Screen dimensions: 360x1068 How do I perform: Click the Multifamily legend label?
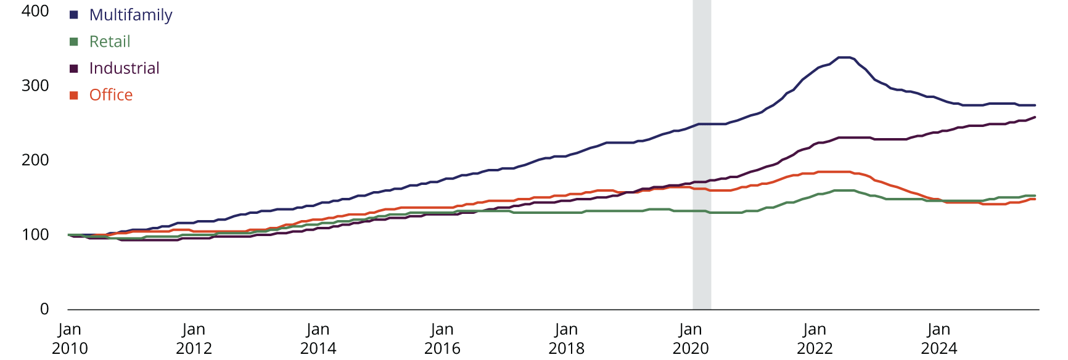pos(130,15)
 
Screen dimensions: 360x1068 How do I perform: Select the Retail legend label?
pos(110,41)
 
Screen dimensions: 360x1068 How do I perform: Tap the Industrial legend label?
pos(124,68)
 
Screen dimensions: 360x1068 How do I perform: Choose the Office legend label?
pos(111,95)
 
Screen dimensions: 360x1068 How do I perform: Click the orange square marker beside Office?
pos(74,95)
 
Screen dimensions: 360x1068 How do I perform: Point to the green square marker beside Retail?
pos(74,41)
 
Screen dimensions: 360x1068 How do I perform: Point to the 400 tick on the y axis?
pos(35,11)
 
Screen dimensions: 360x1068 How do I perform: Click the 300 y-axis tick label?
pos(35,86)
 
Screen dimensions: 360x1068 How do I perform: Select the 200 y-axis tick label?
pos(35,160)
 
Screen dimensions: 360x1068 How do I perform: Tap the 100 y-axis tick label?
pos(35,235)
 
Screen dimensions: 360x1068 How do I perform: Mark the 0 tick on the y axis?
pos(44,309)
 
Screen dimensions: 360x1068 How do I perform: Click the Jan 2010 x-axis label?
pos(70,339)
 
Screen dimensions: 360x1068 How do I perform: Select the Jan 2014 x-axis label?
pos(318,339)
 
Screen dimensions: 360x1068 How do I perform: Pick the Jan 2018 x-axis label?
pos(566,339)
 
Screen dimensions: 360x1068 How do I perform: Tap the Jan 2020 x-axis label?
pos(691,339)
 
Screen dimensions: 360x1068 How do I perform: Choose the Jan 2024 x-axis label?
pos(939,339)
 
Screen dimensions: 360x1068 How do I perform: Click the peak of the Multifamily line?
pos(844,57)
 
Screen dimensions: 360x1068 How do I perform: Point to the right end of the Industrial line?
pos(1034,117)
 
